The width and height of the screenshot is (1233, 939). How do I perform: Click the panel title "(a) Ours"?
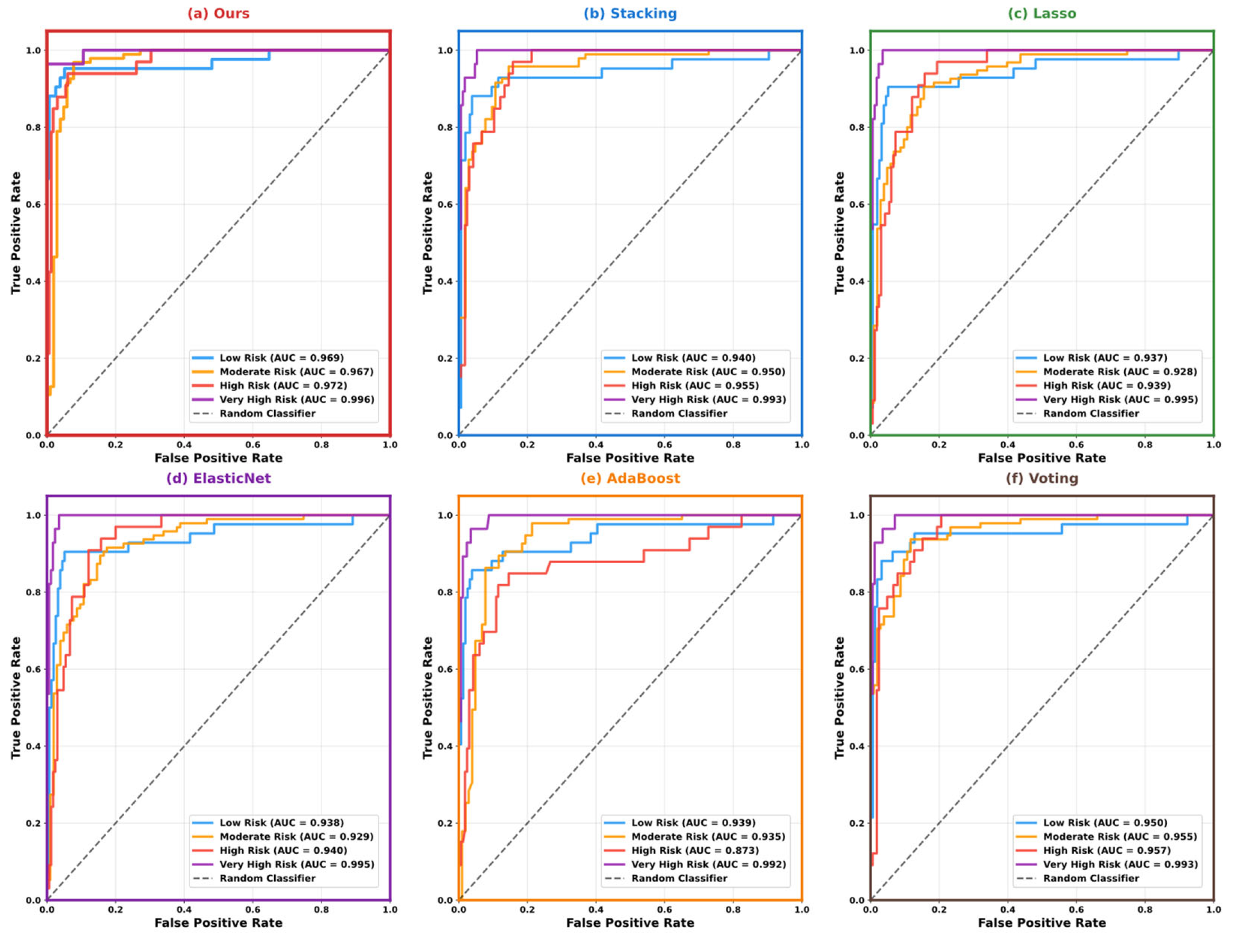click(218, 13)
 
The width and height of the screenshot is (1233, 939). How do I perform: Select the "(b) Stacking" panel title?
click(630, 13)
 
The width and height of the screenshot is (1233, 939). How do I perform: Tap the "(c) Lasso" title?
click(1041, 13)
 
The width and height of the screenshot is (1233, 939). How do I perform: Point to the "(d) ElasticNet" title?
click(218, 478)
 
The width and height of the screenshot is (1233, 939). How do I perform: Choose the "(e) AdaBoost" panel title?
click(630, 478)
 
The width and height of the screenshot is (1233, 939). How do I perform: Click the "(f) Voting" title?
click(1041, 478)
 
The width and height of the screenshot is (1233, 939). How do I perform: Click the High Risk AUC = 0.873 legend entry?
click(695, 850)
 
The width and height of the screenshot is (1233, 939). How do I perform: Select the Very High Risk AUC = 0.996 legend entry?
click(296, 400)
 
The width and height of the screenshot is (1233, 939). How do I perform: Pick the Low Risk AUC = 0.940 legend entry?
click(693, 358)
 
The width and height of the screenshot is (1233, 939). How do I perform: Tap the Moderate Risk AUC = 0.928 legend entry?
click(1119, 372)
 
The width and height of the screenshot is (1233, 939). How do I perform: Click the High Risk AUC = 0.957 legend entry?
click(1107, 850)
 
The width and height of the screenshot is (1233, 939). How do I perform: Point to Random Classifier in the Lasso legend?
click(1090, 413)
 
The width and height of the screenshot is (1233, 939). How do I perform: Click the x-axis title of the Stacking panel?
click(630, 458)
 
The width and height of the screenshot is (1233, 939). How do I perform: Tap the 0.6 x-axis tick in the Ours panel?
click(253, 445)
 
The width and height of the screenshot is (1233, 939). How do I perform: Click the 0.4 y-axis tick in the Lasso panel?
click(857, 281)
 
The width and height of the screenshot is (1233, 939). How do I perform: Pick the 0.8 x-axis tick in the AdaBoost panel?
click(733, 909)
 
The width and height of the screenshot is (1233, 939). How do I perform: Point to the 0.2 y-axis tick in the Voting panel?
click(857, 823)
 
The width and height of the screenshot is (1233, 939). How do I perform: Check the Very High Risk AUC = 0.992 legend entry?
click(708, 864)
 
